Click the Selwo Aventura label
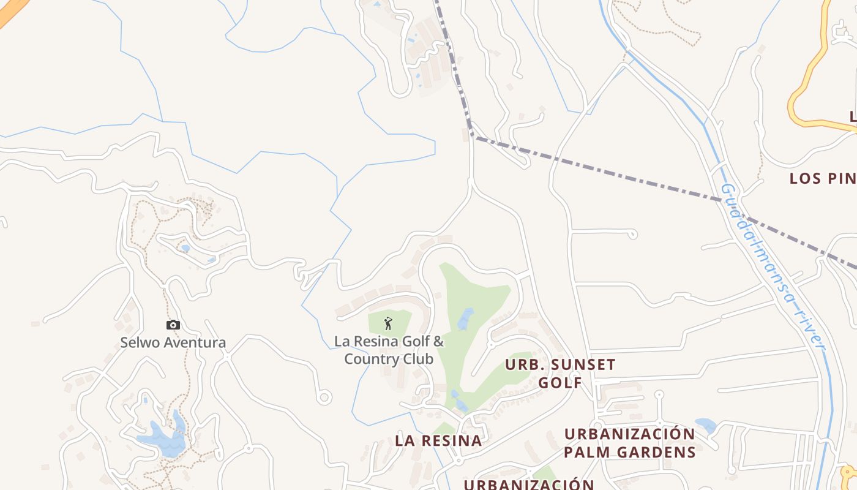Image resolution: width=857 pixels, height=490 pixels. pos(173,342)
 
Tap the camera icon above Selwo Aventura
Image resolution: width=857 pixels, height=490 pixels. pos(173,325)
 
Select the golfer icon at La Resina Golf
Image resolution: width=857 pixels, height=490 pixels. pos(388,323)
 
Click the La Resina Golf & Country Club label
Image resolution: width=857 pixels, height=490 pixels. pos(389,350)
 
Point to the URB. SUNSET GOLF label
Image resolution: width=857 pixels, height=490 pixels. pos(560,374)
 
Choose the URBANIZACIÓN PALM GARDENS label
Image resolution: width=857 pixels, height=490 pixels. pos(630,443)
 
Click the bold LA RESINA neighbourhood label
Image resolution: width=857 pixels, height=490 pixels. pos(438,440)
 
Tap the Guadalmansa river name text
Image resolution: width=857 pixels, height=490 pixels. pos(774,266)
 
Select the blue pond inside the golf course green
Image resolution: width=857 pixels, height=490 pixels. pos(466,318)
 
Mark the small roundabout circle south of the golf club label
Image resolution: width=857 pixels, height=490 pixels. pos(325,398)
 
